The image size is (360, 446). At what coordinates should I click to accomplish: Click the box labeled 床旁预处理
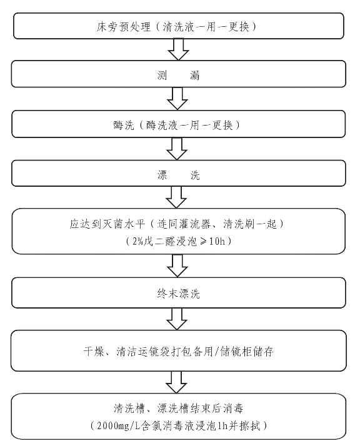coord(178,26)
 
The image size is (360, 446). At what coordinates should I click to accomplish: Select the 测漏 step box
coord(178,74)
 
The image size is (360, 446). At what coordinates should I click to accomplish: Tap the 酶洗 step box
coord(178,124)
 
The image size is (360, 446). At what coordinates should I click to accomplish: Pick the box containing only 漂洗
coord(178,173)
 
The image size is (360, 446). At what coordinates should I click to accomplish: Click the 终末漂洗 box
coord(178,293)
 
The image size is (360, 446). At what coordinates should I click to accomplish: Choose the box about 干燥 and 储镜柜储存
coord(178,350)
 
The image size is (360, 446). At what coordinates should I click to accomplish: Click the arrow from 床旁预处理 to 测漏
coord(178,49)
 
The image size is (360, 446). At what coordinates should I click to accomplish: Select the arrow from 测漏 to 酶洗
coord(177,99)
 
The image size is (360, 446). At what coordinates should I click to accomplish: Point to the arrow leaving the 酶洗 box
coord(177,149)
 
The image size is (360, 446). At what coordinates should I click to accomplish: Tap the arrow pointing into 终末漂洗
coord(177,265)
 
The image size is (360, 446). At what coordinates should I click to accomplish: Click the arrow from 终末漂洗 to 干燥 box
coord(177,319)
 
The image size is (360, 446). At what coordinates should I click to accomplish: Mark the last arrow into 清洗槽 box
coord(176,382)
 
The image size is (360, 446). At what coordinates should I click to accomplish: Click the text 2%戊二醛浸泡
coord(164,242)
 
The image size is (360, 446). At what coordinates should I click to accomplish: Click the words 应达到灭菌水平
coord(107,224)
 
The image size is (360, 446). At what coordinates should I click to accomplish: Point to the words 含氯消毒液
coord(167,426)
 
